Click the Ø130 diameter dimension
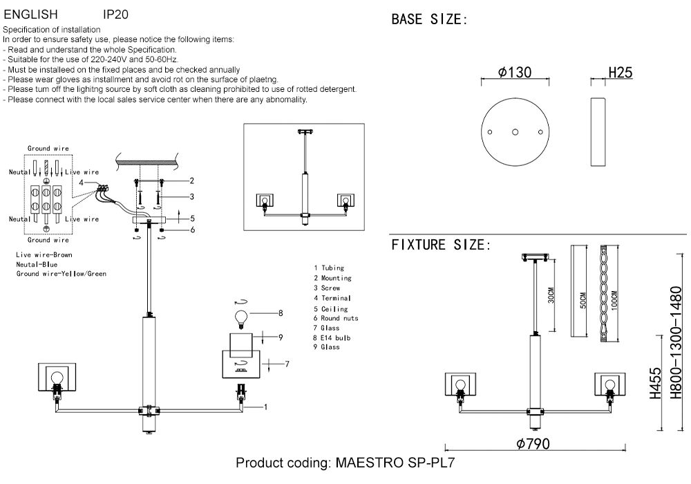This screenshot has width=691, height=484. click(x=515, y=72)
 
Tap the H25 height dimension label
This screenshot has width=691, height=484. click(x=620, y=72)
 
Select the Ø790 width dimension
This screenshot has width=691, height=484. click(x=533, y=444)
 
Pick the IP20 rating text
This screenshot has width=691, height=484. click(x=115, y=14)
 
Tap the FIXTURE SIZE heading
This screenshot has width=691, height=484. click(x=441, y=245)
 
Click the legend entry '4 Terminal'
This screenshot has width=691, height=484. click(x=332, y=298)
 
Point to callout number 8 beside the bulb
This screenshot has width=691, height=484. click(x=281, y=313)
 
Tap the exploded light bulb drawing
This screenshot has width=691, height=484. click(x=241, y=317)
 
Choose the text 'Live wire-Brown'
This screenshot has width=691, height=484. click(x=44, y=255)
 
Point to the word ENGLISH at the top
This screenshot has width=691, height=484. click(x=31, y=14)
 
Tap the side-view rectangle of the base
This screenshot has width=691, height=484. click(x=598, y=131)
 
